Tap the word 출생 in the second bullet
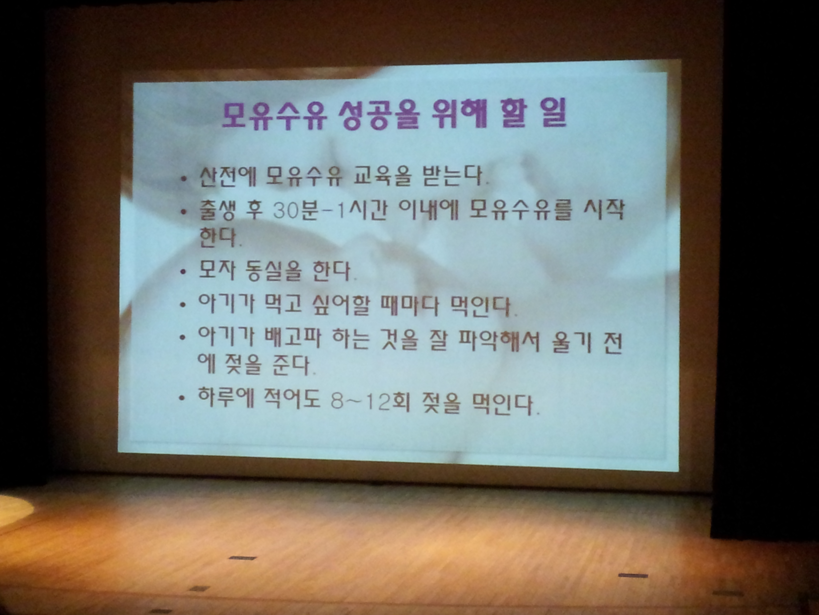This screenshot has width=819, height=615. pyautogui.click(x=217, y=211)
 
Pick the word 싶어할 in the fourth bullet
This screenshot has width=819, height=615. pyautogui.click(x=341, y=306)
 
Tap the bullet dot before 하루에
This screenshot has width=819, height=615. pyautogui.click(x=181, y=398)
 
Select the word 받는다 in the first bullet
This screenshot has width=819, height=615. pyautogui.click(x=455, y=176)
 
